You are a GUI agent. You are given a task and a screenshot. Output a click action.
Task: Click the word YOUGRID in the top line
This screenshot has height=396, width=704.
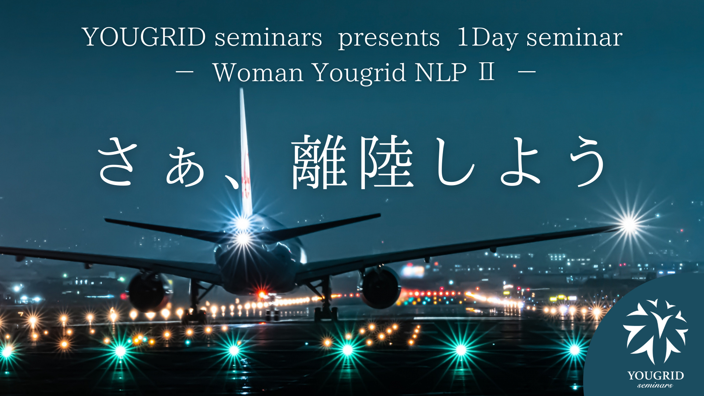(144, 37)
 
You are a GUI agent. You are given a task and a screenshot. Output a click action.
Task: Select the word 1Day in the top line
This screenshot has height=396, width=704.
(488, 38)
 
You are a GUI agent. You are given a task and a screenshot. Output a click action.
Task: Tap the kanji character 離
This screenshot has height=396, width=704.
(319, 162)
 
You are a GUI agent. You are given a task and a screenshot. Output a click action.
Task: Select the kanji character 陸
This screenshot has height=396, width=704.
(386, 162)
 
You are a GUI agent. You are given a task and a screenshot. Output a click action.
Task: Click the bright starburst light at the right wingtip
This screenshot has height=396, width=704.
(630, 224)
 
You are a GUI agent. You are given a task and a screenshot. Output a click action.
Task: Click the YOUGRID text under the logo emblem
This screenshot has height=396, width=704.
(655, 375)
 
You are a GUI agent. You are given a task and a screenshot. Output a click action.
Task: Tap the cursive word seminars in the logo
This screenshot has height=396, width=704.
(655, 385)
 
